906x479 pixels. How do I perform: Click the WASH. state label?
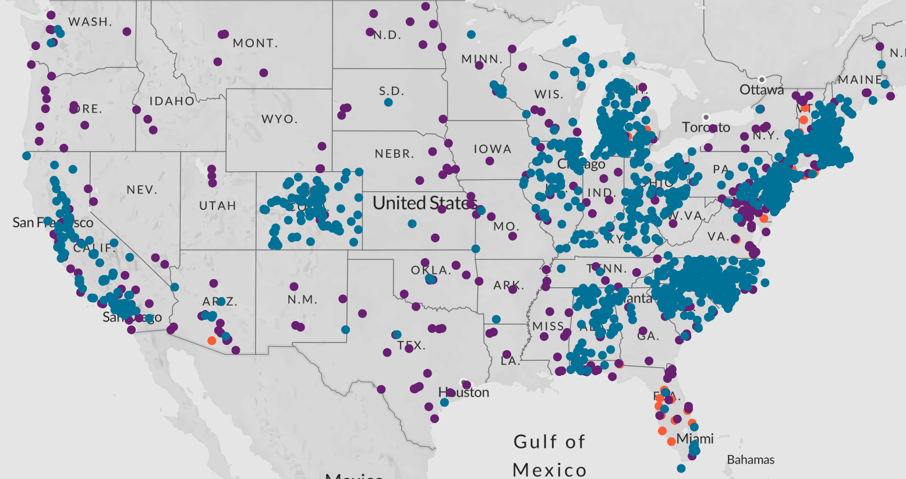tap(90, 22)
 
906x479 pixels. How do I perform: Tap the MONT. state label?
tap(255, 43)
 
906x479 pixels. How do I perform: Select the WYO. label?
tap(279, 119)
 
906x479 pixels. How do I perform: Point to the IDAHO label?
tap(172, 101)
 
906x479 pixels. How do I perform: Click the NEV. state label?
tap(141, 189)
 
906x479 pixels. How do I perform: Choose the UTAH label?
tap(217, 205)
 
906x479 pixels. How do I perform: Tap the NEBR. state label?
tap(394, 154)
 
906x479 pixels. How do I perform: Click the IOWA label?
tap(492, 149)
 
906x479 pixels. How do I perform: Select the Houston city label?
tap(464, 392)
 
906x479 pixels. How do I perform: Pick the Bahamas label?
tap(751, 460)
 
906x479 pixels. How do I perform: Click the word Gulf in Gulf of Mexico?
tap(533, 442)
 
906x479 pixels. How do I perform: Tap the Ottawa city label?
tap(762, 90)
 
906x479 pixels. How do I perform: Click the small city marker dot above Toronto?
tap(706, 117)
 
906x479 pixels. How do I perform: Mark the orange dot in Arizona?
tap(211, 340)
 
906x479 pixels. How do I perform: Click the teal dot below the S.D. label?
tap(388, 103)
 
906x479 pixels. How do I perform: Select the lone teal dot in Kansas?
tap(412, 224)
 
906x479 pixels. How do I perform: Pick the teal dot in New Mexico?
tap(345, 330)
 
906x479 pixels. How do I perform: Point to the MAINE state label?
tap(860, 80)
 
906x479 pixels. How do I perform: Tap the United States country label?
tap(424, 203)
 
